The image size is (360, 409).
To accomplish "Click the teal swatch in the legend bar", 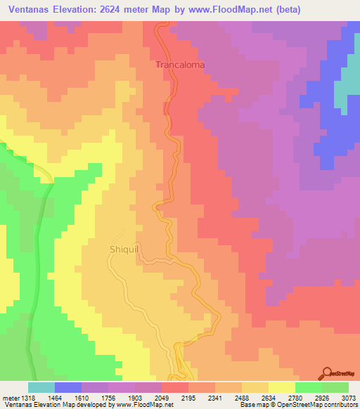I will click(x=41, y=388).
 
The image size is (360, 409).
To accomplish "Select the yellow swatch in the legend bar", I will click(x=282, y=388).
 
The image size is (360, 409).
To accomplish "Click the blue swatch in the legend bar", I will click(x=68, y=388).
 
